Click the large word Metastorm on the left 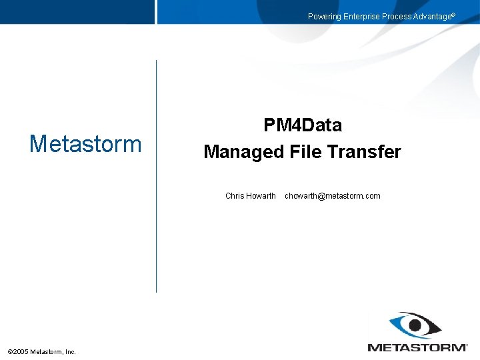point(85,143)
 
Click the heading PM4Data point(303,125)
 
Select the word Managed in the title point(244,152)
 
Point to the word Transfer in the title point(364,152)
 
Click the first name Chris point(235,196)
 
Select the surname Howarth point(261,196)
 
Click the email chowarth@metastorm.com point(332,196)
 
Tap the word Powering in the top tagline point(324,17)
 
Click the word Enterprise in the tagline point(362,17)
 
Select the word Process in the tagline point(397,17)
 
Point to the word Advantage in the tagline point(432,17)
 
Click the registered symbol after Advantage point(454,15)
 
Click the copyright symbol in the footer point(9,352)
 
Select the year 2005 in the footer point(21,352)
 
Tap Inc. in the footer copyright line point(70,352)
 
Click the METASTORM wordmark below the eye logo point(418,347)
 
